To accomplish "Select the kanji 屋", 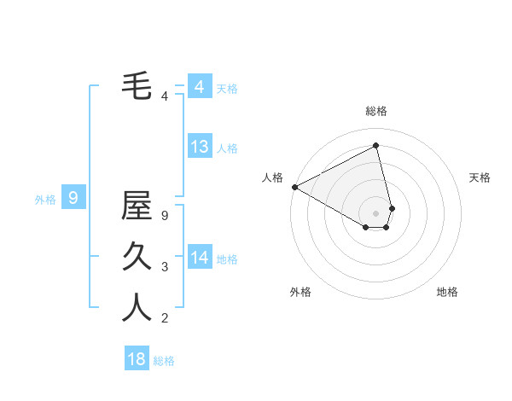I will point(137,206).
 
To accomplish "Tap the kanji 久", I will point(137,256).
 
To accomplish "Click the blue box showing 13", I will point(200,147).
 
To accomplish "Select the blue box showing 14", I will point(200,257).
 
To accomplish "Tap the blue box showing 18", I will point(137,358).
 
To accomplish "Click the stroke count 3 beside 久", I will point(165,267).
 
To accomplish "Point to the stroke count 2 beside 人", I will point(165,318).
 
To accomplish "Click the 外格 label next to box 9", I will point(45,200).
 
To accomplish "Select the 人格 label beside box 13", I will point(227,148).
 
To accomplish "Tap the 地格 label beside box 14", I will point(227,259).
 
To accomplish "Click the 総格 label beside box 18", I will point(164,361).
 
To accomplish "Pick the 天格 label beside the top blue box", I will point(227,89).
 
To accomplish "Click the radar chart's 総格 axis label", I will point(375,111).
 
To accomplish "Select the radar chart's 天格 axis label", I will point(480,177).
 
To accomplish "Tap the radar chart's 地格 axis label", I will point(447,292).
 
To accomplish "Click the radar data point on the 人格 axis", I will point(294,186).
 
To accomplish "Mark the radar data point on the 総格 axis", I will point(375,145).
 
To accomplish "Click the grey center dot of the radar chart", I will point(375,212).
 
